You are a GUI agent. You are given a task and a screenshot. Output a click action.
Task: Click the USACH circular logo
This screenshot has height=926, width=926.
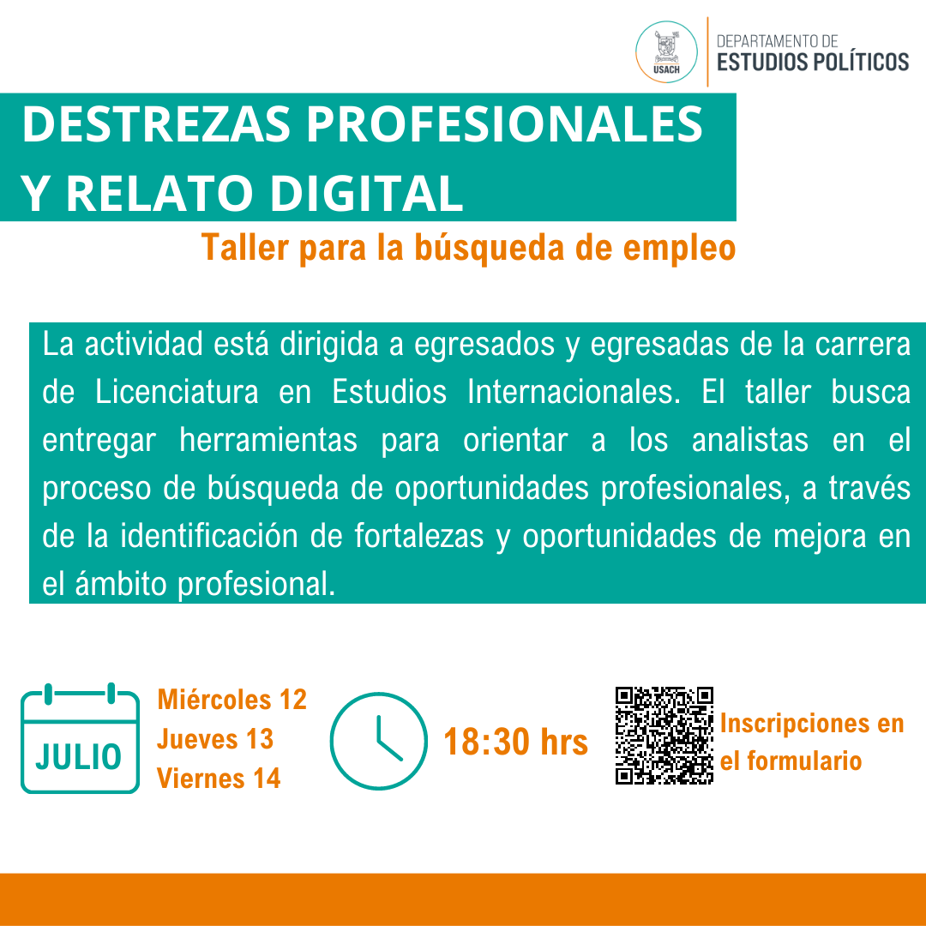[x=666, y=52]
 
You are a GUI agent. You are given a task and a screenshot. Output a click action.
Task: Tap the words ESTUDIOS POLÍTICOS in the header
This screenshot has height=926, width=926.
[x=813, y=62]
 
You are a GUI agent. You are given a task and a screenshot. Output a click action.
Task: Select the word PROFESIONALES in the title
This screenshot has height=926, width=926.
[x=504, y=124]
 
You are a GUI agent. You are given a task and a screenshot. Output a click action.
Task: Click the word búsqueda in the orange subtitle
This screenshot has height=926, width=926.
[x=490, y=248]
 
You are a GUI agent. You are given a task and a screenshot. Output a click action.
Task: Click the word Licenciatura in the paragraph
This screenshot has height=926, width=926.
[x=177, y=392]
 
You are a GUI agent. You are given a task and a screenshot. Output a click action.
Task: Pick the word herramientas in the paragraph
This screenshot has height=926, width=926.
[x=268, y=440]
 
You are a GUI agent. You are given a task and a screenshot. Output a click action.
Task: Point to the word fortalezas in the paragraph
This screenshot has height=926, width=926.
[x=418, y=536]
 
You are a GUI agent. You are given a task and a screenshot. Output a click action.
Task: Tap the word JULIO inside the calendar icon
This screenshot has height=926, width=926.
[x=79, y=757]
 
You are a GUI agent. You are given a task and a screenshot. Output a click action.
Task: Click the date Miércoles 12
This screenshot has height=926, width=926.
[x=232, y=700]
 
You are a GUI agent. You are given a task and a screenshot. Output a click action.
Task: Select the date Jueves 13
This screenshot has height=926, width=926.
[x=215, y=739]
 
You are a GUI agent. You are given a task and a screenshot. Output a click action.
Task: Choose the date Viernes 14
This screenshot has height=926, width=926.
[x=219, y=779]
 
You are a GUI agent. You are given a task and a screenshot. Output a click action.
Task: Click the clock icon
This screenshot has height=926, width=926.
[x=379, y=741]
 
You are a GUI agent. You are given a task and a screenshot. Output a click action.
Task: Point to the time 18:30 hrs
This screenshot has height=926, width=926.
[x=515, y=742]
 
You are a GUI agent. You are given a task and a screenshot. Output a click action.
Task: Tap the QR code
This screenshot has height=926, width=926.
[x=664, y=736]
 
